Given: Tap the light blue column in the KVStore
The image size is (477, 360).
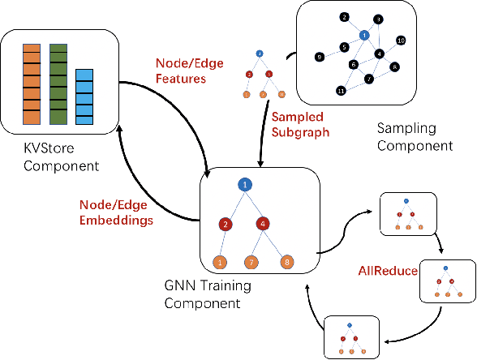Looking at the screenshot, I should (x=84, y=98).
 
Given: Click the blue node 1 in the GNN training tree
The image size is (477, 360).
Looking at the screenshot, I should (x=246, y=185).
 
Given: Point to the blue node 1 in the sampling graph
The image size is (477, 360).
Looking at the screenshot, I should (x=364, y=36).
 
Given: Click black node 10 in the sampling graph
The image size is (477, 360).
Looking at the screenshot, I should (x=401, y=40).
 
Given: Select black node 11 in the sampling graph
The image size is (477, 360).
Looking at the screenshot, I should (x=341, y=90).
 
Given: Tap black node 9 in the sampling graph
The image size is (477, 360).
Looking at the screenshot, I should (x=320, y=56).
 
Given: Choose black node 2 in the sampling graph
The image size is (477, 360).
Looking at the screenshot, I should (x=344, y=17).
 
